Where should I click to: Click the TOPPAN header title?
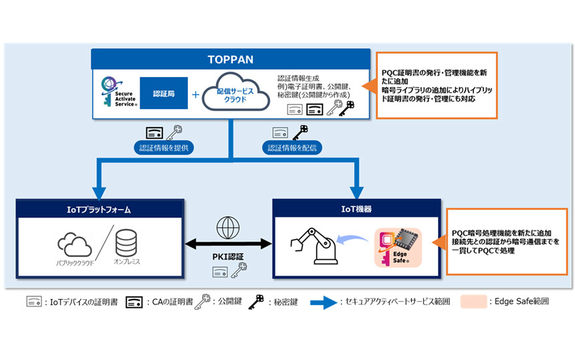(231, 59)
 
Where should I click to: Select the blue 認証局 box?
(163, 94)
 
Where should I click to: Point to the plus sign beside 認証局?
(195, 95)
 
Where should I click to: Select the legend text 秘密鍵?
(276, 302)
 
